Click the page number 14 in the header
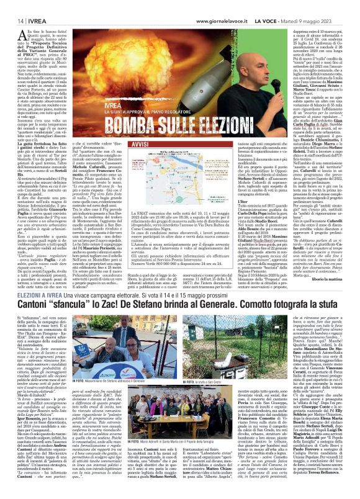12,6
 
